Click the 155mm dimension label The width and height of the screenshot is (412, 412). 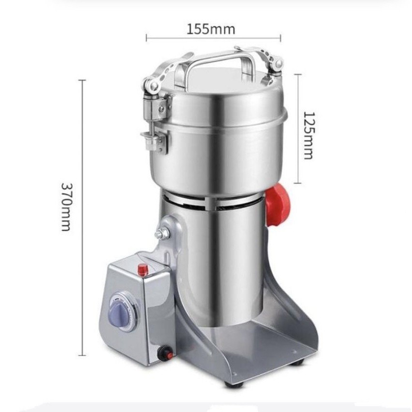[211, 29]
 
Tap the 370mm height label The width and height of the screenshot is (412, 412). [66, 207]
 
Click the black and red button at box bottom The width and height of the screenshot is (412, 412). [165, 353]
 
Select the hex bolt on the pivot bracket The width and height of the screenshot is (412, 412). [160, 234]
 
